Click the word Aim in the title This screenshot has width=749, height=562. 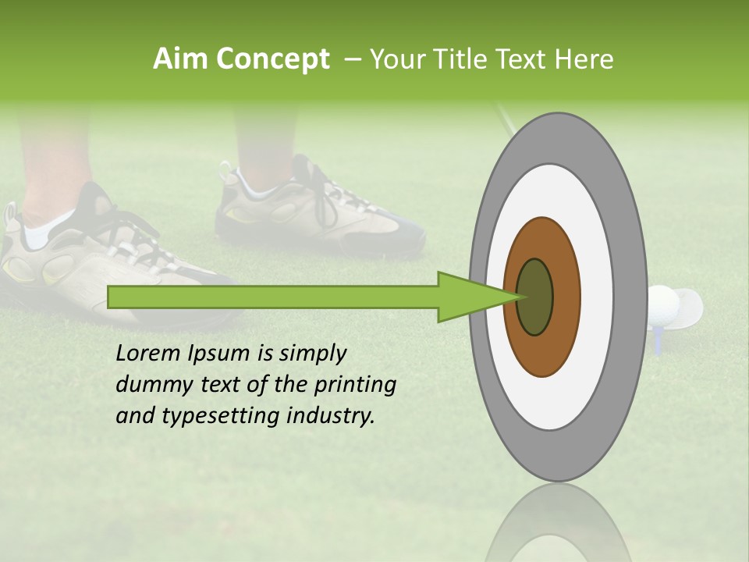point(180,59)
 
